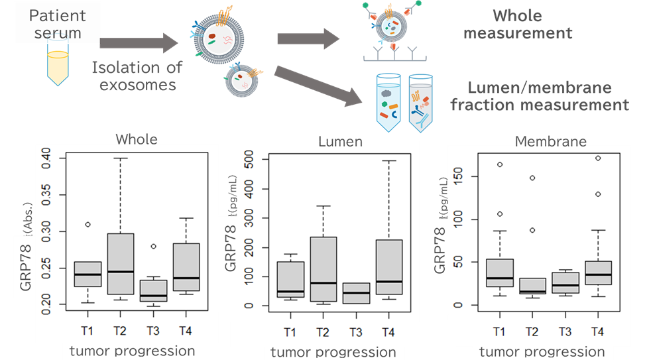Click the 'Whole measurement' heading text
pyautogui.click(x=517, y=24)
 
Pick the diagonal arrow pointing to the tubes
pyautogui.click(x=318, y=84)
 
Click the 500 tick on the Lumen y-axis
pyautogui.click(x=250, y=160)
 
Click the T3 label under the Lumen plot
pyautogui.click(x=355, y=331)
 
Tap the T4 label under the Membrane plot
pyautogui.click(x=597, y=331)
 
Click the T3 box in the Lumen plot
pyautogui.click(x=356, y=293)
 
